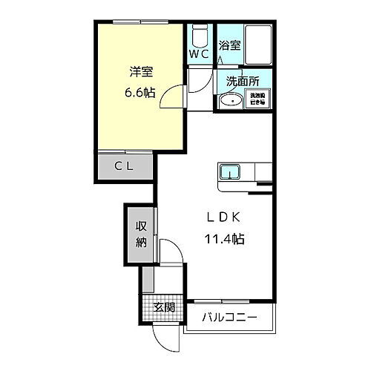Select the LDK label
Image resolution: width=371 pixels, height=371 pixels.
[222, 218]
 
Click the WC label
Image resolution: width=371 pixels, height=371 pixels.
[197, 55]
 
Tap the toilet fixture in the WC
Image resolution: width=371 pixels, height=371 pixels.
[198, 36]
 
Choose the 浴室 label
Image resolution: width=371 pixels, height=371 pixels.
[230, 45]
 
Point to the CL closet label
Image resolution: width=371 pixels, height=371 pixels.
[123, 166]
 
